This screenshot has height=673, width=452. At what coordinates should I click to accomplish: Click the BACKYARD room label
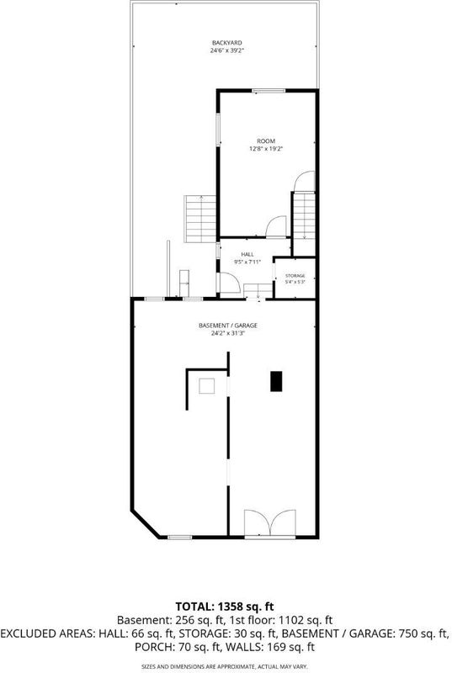[227, 43]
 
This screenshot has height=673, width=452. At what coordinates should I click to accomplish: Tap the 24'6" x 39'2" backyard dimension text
[227, 50]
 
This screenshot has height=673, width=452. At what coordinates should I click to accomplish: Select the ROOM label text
[266, 141]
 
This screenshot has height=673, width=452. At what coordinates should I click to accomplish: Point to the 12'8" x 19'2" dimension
[266, 149]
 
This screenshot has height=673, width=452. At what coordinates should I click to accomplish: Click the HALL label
[247, 255]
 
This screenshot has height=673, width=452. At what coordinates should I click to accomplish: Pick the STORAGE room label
[295, 276]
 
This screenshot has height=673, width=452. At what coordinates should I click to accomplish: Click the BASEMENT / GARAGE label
[228, 326]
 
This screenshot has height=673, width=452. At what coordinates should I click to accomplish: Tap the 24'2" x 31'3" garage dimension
[228, 333]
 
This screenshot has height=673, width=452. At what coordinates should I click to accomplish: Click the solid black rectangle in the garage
[276, 381]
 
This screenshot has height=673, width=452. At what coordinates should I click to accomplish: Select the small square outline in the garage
[206, 386]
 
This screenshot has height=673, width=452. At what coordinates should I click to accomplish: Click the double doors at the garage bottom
[270, 523]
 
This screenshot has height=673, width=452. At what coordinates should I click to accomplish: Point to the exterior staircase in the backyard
[200, 219]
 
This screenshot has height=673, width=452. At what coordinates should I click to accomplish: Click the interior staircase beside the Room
[304, 215]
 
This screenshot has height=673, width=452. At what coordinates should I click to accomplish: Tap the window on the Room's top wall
[269, 91]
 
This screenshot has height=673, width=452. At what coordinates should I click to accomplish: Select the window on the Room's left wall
[218, 129]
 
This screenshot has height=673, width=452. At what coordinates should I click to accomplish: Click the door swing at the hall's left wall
[230, 283]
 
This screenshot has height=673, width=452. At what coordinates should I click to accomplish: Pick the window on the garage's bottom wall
[179, 537]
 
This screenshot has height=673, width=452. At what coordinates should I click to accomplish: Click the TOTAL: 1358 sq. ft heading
[225, 607]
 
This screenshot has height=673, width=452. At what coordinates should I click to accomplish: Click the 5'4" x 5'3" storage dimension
[295, 282]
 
